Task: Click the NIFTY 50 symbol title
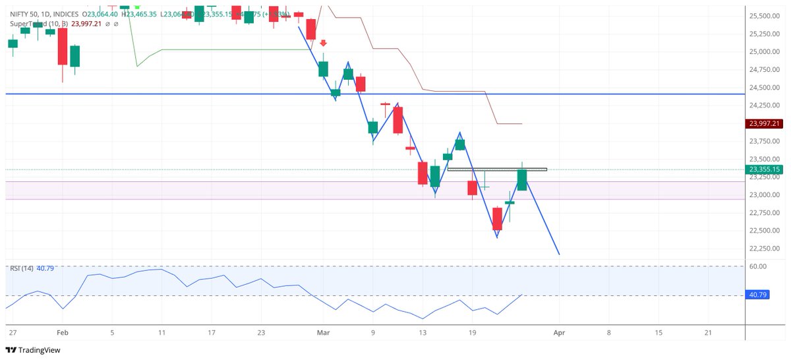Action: click(x=26, y=14)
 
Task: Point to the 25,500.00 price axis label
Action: click(x=763, y=16)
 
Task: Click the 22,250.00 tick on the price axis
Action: click(x=763, y=248)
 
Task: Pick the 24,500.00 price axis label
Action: click(x=763, y=88)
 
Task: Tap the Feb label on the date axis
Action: click(x=63, y=334)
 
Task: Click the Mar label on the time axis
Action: click(x=323, y=334)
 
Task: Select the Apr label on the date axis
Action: click(x=559, y=334)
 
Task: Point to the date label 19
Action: click(x=472, y=334)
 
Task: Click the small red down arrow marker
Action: click(x=323, y=43)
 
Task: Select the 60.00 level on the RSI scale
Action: click(x=758, y=266)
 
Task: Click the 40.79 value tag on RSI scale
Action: click(x=758, y=295)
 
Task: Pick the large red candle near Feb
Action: click(x=63, y=46)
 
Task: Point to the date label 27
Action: click(x=12, y=334)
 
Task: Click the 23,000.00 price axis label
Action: click(x=763, y=195)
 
